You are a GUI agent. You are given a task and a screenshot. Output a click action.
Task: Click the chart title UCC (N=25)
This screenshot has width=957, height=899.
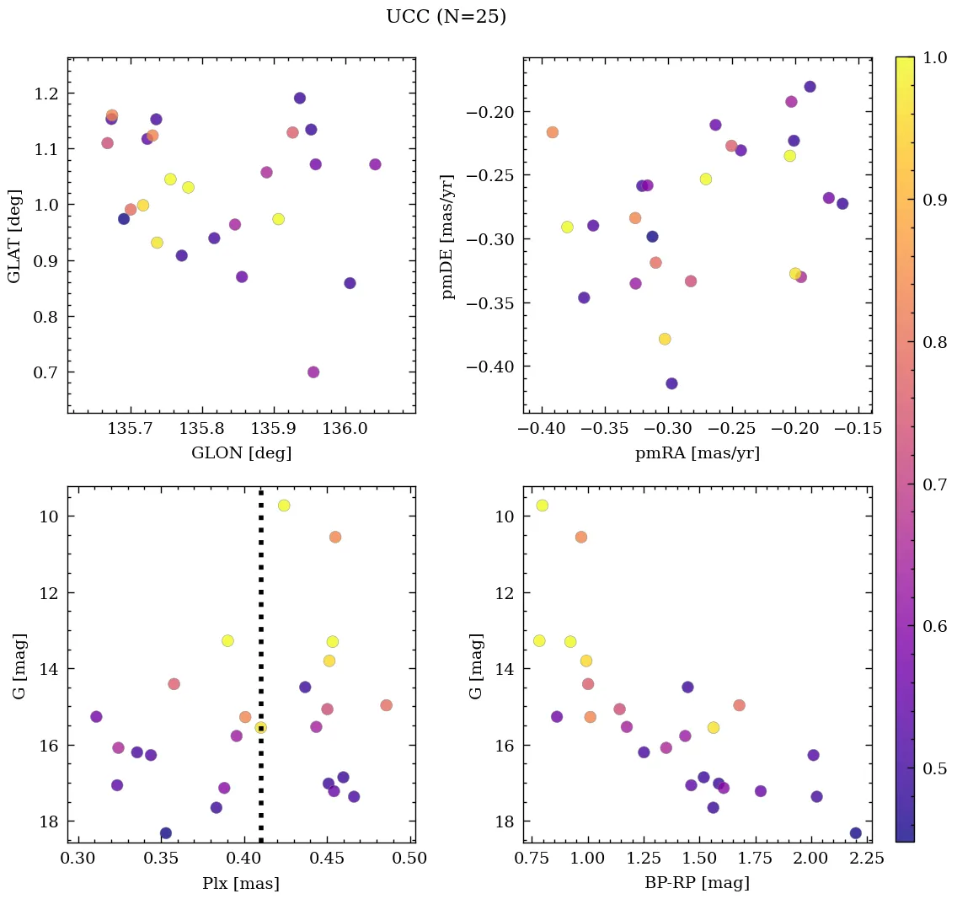pos(446,17)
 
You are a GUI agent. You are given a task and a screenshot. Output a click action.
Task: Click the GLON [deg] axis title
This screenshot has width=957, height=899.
pos(241,453)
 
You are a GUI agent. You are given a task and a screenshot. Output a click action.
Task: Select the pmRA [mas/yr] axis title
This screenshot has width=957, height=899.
pos(697,453)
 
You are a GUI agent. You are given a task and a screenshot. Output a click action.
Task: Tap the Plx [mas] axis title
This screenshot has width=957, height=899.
pos(241,883)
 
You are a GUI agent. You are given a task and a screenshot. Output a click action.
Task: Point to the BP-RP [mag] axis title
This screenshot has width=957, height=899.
pos(697,883)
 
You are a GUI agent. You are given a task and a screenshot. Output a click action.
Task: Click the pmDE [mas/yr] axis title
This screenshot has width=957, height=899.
pos(448,237)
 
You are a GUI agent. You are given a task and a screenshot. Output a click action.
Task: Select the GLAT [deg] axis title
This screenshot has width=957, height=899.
pos(13,237)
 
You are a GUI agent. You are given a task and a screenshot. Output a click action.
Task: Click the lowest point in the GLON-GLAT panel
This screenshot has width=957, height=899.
pos(313,372)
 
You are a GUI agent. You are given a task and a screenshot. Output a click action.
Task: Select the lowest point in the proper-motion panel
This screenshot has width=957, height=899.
pos(671,383)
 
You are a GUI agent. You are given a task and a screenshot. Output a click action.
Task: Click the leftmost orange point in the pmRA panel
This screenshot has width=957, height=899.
pos(553,132)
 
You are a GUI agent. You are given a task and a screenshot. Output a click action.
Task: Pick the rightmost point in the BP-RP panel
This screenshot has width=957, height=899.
pos(856,833)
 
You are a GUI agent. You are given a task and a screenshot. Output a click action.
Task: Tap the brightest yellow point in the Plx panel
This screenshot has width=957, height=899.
pos(284,506)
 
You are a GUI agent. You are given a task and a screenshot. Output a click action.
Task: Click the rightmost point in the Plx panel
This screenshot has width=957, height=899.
pos(387,705)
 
